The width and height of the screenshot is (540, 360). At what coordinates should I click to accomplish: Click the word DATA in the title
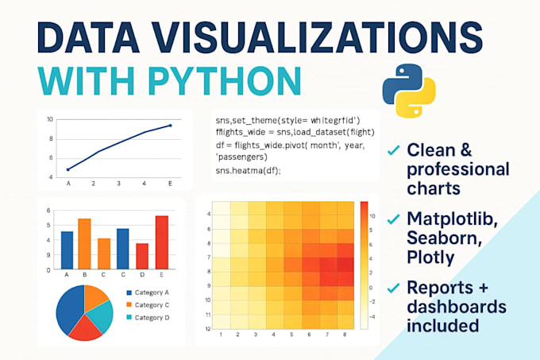83,37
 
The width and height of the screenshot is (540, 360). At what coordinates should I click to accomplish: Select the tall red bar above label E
162,242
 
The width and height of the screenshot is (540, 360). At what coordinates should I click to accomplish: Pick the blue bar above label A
67,250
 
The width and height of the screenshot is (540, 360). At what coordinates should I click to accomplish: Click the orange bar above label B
85,243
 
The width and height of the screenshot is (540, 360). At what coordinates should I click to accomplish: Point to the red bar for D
142,255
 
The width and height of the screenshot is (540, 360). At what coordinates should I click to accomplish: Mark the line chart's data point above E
170,126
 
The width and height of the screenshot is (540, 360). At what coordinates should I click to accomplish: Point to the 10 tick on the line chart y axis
49,119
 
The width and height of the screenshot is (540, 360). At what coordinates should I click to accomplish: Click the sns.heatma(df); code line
248,170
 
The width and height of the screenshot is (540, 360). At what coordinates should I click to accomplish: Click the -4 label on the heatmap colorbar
372,315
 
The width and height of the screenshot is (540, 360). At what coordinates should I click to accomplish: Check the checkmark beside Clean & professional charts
392,149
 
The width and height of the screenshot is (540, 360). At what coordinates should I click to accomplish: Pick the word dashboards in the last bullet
450,308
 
